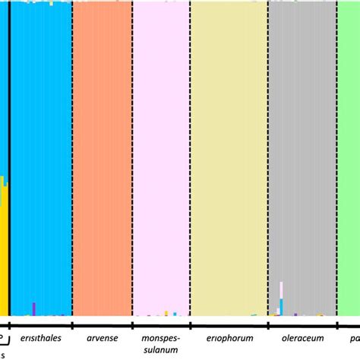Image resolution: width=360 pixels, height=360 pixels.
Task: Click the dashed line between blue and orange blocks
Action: [x=72, y=152]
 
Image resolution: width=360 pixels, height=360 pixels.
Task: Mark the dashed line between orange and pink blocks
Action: [x=132, y=152]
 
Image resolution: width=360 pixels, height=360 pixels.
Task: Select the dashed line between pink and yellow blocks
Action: [x=190, y=152]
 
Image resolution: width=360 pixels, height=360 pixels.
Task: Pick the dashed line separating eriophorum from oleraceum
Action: [x=267, y=152]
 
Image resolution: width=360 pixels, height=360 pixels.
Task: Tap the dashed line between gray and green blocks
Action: [x=338, y=152]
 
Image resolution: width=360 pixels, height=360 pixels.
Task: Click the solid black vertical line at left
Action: [x=9, y=152]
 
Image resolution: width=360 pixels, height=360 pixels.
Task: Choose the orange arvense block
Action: [x=102, y=152]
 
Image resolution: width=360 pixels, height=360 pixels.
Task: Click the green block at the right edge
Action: [x=349, y=152]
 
